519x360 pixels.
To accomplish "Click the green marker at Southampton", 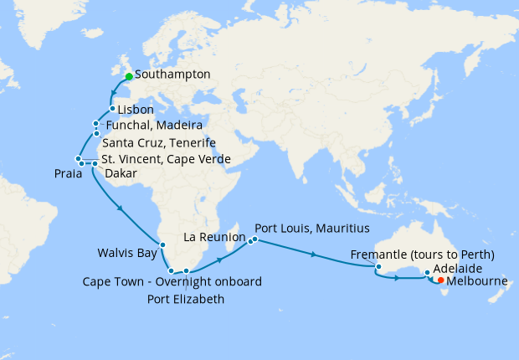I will (x=129, y=76).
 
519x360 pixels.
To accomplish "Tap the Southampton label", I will (x=172, y=75).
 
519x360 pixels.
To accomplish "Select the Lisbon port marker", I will (x=112, y=109).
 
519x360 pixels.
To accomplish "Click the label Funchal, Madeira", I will (x=154, y=126).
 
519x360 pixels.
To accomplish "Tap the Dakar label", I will (x=121, y=173).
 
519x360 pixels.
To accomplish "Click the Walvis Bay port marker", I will (x=163, y=245).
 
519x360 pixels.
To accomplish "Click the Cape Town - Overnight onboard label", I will (x=172, y=281).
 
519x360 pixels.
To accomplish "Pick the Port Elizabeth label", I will (x=186, y=298).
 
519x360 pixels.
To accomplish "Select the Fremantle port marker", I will (x=378, y=268).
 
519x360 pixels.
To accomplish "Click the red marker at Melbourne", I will (x=440, y=281).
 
